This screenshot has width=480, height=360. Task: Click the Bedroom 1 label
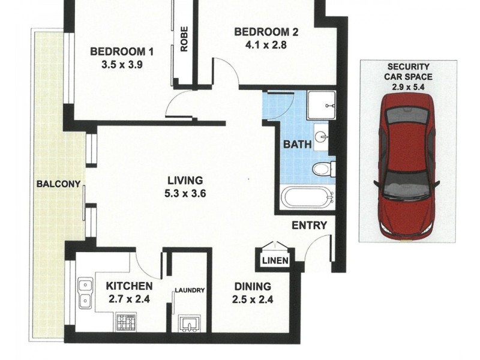tap(122, 52)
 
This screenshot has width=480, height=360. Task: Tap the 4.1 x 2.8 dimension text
tap(266, 44)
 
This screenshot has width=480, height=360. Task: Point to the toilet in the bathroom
tap(323, 169)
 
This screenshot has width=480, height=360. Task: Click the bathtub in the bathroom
tap(307, 197)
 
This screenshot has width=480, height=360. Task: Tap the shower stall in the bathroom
tap(323, 105)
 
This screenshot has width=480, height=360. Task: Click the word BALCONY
tap(58, 184)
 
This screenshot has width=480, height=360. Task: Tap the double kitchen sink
tap(85, 292)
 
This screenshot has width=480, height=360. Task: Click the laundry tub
tap(189, 325)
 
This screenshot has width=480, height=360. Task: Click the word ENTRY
tap(309, 226)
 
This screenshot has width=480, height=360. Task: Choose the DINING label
tap(253, 287)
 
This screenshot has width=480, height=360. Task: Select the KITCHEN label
tap(129, 286)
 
